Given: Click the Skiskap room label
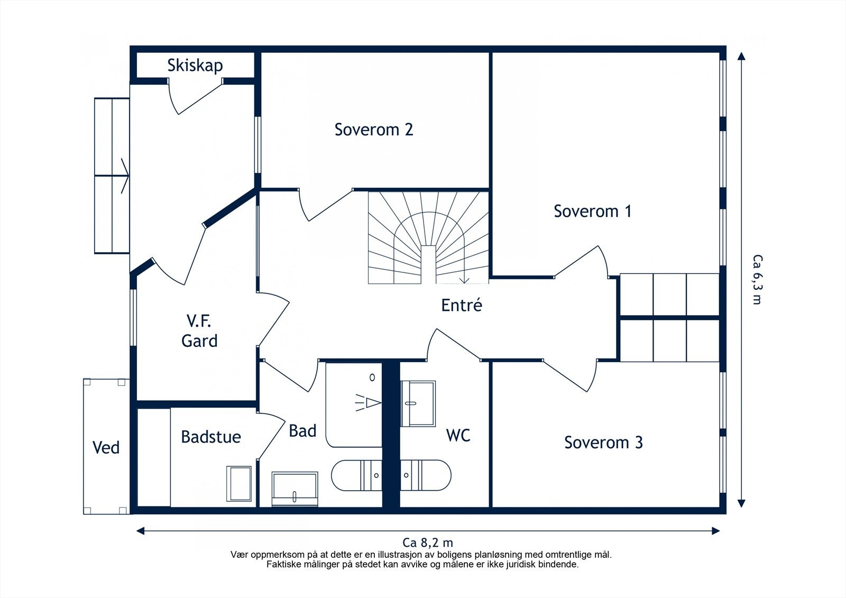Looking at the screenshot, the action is pyautogui.click(x=195, y=66).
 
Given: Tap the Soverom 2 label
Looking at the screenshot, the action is pyautogui.click(x=374, y=130).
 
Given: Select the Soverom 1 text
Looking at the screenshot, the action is pyautogui.click(x=593, y=211).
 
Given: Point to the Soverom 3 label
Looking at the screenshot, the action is pyautogui.click(x=603, y=443).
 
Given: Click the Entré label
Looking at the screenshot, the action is pyautogui.click(x=462, y=305).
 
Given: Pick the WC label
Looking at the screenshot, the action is pyautogui.click(x=458, y=435).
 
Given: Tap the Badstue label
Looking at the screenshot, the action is pyautogui.click(x=211, y=437).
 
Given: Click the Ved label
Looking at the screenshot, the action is pyautogui.click(x=106, y=448).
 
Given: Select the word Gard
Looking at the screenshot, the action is pyautogui.click(x=199, y=341).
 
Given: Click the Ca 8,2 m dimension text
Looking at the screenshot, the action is pyautogui.click(x=428, y=543).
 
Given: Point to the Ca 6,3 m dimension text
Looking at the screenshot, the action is pyautogui.click(x=757, y=279).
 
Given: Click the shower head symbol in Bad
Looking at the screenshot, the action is pyautogui.click(x=367, y=403).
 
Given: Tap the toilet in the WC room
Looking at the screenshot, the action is pyautogui.click(x=426, y=475).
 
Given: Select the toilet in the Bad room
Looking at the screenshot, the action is pyautogui.click(x=357, y=475).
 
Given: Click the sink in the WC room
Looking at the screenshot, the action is pyautogui.click(x=418, y=403).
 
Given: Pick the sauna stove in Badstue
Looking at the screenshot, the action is pyautogui.click(x=238, y=484).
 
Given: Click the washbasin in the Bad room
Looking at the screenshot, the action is pyautogui.click(x=295, y=489).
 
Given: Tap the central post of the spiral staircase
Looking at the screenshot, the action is pyautogui.click(x=428, y=264).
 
